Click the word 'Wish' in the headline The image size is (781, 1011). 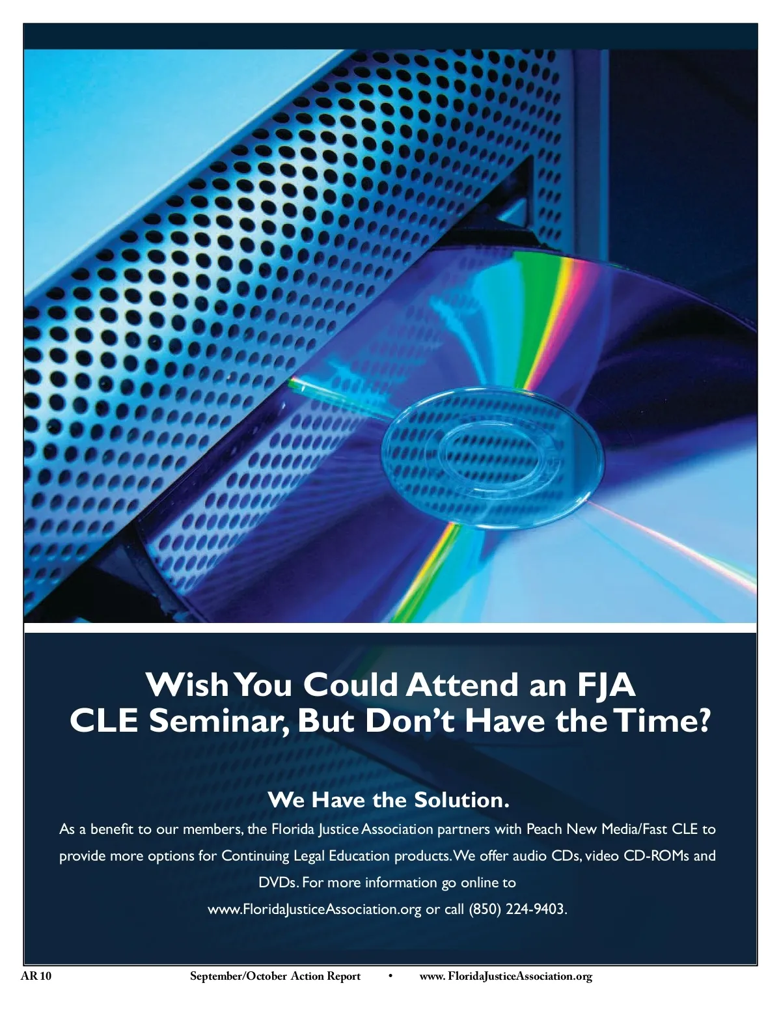(x=187, y=684)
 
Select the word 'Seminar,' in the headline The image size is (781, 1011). (x=218, y=721)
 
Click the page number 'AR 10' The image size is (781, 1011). (x=36, y=976)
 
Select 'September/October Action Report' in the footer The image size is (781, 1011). (x=275, y=976)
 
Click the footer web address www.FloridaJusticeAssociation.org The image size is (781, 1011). (x=506, y=976)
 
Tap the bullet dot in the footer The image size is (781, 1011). (x=390, y=976)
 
